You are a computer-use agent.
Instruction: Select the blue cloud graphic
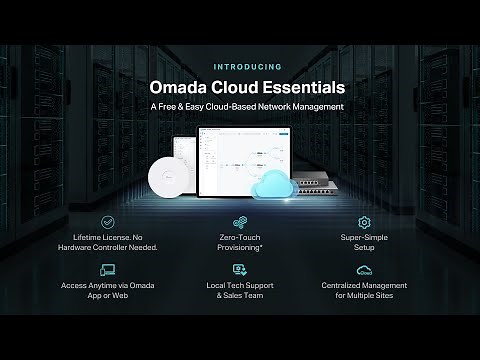[274, 185]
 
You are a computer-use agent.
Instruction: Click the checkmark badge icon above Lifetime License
[108, 221]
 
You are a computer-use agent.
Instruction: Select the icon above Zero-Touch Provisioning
[239, 221]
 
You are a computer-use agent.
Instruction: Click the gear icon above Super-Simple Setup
[364, 221]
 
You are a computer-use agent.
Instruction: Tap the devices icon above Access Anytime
[108, 270]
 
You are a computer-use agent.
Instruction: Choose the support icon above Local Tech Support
[239, 270]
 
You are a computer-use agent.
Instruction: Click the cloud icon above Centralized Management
[364, 270]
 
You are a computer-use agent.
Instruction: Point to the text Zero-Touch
[239, 237]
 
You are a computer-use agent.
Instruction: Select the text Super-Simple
[364, 237]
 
